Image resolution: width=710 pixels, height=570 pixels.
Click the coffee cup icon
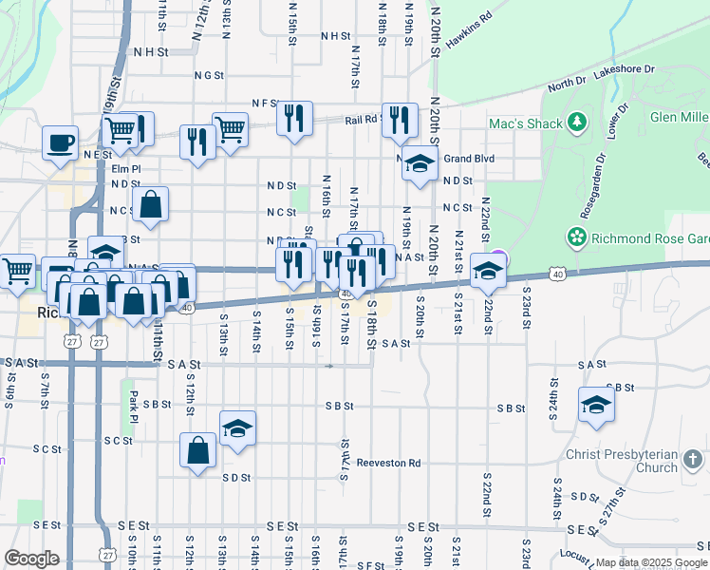coord(61,142)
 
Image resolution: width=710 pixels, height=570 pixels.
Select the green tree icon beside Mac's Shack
coord(576,123)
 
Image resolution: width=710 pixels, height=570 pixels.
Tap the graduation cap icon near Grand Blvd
coord(419,163)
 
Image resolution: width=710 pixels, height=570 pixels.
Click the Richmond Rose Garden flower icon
coord(575,236)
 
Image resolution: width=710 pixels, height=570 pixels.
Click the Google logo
coord(31,558)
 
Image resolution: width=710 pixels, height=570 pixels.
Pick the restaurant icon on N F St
coord(294,118)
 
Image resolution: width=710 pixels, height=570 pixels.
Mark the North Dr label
coord(567,85)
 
